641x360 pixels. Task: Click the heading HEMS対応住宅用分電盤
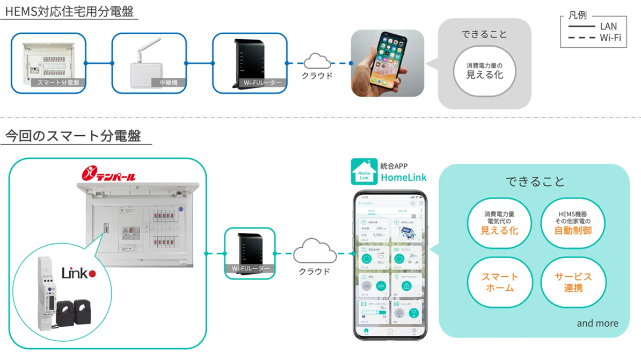click(x=69, y=11)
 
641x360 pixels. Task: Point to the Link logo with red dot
click(x=78, y=274)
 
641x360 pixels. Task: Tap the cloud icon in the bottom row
click(x=315, y=252)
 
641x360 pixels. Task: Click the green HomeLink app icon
click(x=364, y=172)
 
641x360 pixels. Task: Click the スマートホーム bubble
click(x=499, y=283)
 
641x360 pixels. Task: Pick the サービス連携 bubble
click(x=573, y=283)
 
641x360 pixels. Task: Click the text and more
click(x=597, y=324)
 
